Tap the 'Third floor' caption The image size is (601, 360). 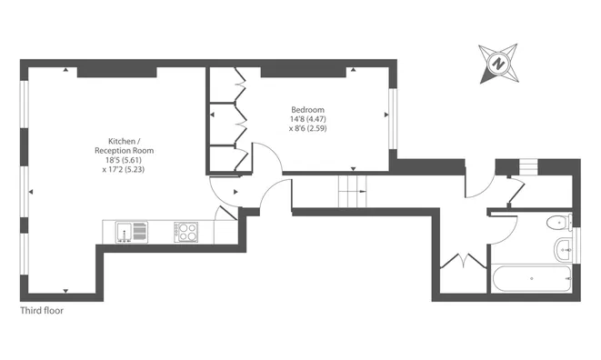[x=43, y=310]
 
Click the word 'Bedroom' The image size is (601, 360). [x=307, y=106]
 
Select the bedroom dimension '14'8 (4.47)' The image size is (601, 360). [x=307, y=117]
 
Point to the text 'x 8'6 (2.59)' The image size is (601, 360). [x=307, y=128]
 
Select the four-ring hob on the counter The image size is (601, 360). [x=186, y=233]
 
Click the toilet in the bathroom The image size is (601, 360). [x=557, y=224]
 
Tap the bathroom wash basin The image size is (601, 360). [x=563, y=251]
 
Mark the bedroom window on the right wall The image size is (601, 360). [x=392, y=115]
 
